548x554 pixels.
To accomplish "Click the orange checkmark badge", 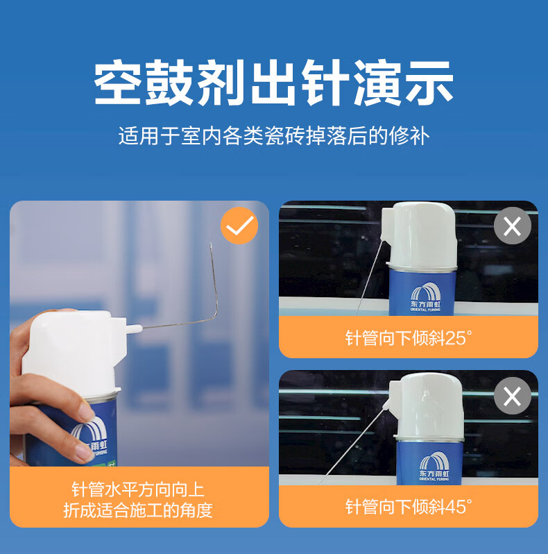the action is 239,226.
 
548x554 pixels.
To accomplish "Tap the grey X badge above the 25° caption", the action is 513,226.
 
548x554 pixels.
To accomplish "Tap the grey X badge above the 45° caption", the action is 513,396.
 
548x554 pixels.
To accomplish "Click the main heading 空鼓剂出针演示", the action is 273,83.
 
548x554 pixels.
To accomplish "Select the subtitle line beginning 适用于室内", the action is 273,136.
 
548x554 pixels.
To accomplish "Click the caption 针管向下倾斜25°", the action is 408,338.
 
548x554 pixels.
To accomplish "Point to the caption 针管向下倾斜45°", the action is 408,507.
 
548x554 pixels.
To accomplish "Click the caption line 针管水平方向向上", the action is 138,489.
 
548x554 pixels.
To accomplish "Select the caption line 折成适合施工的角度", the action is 138,510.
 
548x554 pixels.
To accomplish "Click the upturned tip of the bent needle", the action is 211,244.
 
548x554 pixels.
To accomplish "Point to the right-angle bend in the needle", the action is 215,318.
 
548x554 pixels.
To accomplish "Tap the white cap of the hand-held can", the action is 72,353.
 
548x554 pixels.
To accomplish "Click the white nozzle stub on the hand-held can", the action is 134,329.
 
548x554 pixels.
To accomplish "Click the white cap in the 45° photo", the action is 425,406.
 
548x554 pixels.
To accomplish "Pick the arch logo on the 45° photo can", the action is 434,466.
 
